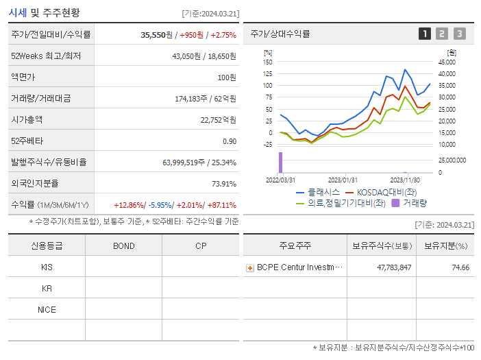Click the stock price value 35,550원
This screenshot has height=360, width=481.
156,34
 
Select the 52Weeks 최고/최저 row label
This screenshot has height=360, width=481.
46,56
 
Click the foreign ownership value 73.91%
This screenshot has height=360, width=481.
223,183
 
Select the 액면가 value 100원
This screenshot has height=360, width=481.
226,77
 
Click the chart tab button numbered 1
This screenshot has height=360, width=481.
425,34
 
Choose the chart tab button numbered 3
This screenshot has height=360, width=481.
459,34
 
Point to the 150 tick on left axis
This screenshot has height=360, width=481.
268,62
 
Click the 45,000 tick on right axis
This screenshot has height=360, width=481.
446,62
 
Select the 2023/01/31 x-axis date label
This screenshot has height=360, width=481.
343,180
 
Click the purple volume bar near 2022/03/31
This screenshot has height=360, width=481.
280,163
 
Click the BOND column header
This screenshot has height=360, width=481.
123,246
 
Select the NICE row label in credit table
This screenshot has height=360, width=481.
47,309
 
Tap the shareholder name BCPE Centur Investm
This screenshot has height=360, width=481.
299,267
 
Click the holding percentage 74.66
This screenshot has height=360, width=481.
460,267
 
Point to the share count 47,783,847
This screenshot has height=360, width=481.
394,267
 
